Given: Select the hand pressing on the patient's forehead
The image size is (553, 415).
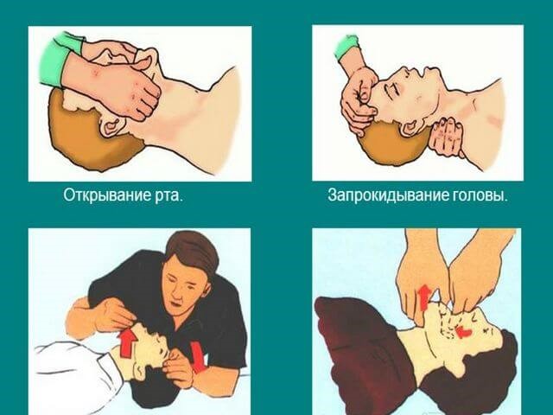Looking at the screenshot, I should tap(361, 95).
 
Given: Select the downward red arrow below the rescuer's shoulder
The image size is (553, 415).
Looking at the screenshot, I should tap(198, 354).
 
